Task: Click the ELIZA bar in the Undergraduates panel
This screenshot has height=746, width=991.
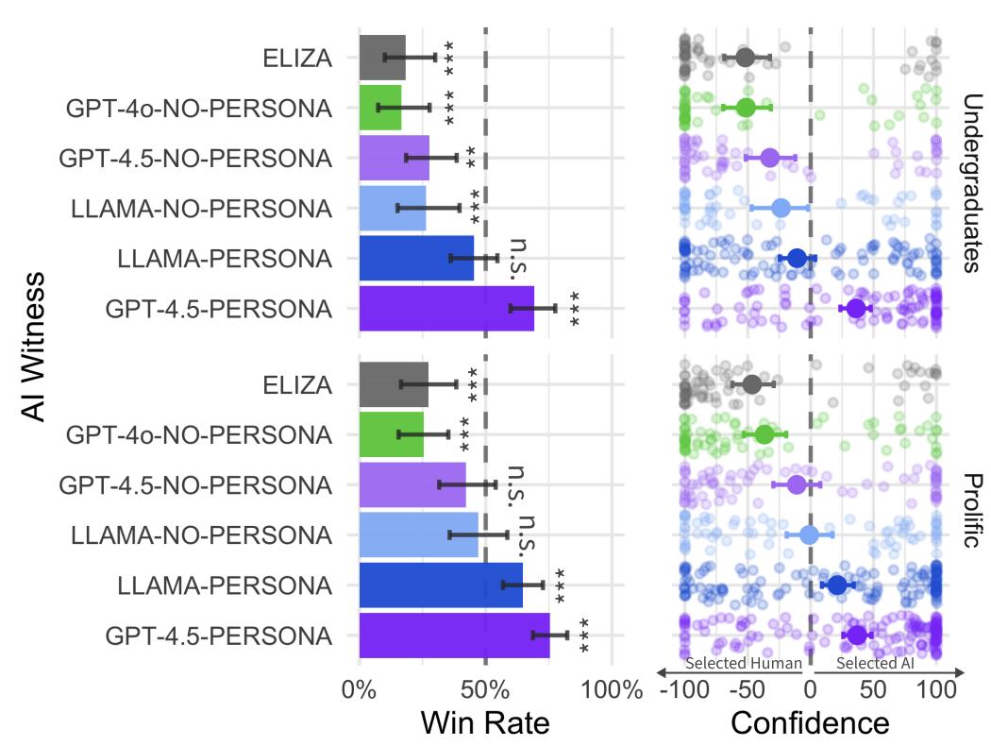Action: pyautogui.click(x=382, y=58)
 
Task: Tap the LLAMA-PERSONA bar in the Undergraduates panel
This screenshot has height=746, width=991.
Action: pyautogui.click(x=416, y=258)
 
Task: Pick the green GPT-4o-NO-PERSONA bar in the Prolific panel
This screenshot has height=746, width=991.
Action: pyautogui.click(x=391, y=434)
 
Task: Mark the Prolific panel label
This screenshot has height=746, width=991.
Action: pyautogui.click(x=972, y=509)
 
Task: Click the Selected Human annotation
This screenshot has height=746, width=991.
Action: pyautogui.click(x=743, y=664)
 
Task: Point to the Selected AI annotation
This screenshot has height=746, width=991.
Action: pyautogui.click(x=875, y=664)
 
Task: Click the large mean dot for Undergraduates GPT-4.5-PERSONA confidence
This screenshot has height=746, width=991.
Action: pyautogui.click(x=856, y=309)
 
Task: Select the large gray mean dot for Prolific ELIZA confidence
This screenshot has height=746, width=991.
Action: pyautogui.click(x=752, y=384)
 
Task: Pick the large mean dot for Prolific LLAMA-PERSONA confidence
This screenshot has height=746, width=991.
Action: pyautogui.click(x=837, y=585)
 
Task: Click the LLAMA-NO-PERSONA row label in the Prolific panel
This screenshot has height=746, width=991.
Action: pyautogui.click(x=201, y=535)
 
